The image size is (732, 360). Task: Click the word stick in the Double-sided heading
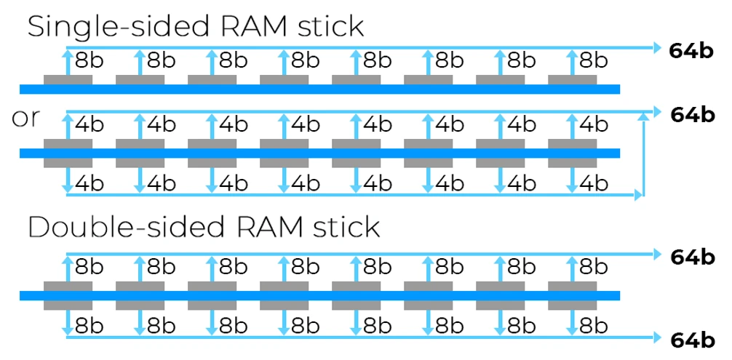pos(341,227)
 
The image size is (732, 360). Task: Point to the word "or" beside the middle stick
pos(26,119)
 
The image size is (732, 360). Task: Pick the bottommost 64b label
pos(692,339)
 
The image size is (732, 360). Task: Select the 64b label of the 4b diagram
pos(692,115)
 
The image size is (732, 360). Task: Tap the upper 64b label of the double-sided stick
pos(692,256)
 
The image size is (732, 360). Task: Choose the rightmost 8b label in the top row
pos(593,60)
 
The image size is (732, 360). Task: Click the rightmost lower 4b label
pos(593,183)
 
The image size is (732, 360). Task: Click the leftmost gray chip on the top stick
pos(68,79)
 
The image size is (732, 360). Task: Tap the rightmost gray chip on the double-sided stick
pos(572,296)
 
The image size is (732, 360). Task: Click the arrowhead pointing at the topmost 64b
pos(656,48)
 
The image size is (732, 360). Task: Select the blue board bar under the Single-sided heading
pos(320,89)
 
